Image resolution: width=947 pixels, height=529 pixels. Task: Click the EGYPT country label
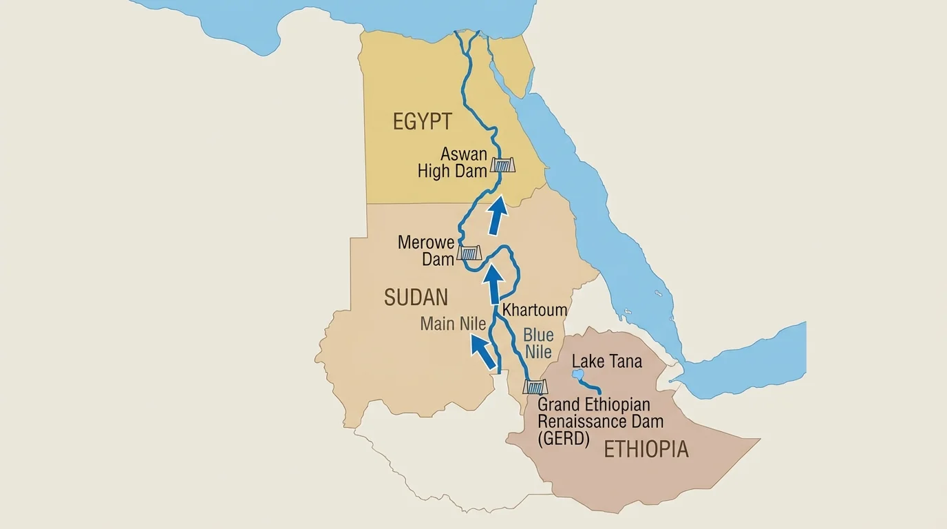[422, 122]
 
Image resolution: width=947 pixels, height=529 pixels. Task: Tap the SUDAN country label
[416, 298]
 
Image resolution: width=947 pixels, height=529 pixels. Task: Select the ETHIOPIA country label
[646, 449]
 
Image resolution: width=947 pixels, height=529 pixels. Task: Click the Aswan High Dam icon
[502, 165]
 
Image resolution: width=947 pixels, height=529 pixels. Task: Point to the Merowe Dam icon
[469, 253]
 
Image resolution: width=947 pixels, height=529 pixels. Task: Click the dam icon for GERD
[535, 386]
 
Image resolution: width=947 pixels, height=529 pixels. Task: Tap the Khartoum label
[535, 310]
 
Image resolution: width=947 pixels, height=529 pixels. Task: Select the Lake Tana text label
[606, 361]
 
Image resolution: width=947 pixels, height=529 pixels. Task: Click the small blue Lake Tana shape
[577, 375]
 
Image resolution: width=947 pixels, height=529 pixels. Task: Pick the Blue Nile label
[538, 343]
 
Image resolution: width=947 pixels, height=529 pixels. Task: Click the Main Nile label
[453, 323]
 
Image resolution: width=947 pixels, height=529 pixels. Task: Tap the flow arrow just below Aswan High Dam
[497, 214]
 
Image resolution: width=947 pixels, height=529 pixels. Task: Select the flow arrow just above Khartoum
[493, 284]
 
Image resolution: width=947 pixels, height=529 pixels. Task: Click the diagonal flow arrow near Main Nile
[483, 351]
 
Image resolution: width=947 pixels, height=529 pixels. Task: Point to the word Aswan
[464, 154]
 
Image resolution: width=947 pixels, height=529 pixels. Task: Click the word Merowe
[426, 242]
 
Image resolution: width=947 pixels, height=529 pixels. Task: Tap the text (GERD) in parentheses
[564, 439]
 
